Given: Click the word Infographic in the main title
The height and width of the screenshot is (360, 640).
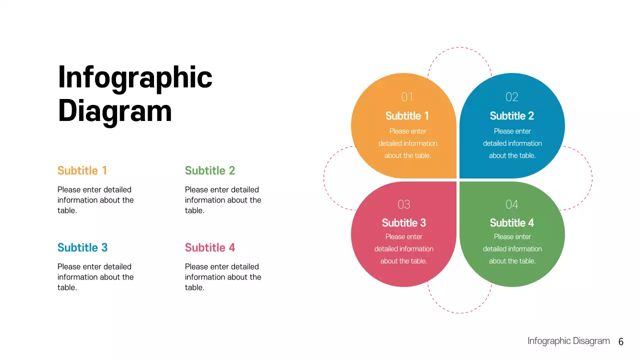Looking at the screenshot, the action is tap(135, 78).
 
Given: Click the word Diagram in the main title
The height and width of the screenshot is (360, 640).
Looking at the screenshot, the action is tap(115, 111).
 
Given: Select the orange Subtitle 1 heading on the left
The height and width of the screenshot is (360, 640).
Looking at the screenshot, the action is tap(82, 170).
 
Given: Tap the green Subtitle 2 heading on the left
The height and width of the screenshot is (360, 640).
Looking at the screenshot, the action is tap(209, 170).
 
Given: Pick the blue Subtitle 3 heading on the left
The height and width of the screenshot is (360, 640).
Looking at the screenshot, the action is tap(82, 247).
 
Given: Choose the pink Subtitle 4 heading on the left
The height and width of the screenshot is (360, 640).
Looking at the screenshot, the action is tap(209, 247).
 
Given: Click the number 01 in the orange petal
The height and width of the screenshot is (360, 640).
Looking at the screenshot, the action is tap(407, 97).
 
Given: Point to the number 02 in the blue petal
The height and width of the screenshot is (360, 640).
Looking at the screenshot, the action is tap(511, 97).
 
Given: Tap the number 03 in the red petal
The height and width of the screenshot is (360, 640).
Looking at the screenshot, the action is tap(403, 204).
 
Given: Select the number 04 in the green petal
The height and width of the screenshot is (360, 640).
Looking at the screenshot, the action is tap(511, 204).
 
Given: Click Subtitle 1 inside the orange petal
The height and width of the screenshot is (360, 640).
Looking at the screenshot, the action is tap(407, 116).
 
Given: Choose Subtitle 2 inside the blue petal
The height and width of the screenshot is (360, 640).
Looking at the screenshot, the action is tap(511, 116).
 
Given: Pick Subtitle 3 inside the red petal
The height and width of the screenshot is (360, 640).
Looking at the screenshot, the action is tap(403, 223).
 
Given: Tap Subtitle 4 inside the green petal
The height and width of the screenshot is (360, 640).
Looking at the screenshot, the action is tap(511, 223).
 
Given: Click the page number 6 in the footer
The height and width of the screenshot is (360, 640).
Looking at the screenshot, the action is tap(621, 342).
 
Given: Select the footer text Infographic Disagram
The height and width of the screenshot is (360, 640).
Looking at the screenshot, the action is tap(568, 341).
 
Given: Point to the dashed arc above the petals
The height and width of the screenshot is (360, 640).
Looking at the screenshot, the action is tap(459, 47).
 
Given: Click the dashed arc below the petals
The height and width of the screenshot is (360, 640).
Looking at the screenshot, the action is tap(459, 313).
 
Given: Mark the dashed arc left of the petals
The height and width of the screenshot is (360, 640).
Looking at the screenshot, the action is tap(324, 178).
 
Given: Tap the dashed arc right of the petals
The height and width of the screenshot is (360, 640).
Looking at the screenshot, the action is tap(592, 178).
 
